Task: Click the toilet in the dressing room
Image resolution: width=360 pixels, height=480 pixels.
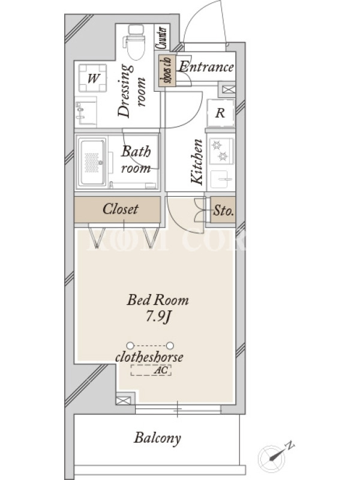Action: (x=134, y=42)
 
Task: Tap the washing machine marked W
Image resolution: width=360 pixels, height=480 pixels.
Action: (x=93, y=78)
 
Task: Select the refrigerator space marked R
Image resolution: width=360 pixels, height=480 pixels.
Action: (x=220, y=113)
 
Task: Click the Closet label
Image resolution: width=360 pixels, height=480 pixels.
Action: (x=121, y=209)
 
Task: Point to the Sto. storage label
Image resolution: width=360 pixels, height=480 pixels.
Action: (x=223, y=211)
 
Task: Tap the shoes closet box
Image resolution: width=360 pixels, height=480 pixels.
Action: (x=167, y=70)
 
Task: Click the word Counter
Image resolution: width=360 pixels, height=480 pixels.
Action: (x=162, y=37)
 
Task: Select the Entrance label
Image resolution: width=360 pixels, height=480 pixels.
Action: (x=206, y=67)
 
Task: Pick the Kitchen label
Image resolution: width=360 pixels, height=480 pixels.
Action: (x=197, y=161)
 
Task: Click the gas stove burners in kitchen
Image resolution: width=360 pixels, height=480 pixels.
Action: (x=220, y=151)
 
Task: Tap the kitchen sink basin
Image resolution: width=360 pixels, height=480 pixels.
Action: (x=220, y=179)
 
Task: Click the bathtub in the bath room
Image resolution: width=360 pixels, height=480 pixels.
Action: (x=92, y=161)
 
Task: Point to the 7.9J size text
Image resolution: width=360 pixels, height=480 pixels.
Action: (x=157, y=317)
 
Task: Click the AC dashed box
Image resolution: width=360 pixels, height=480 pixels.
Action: (x=151, y=370)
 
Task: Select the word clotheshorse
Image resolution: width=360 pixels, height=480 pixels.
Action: (x=149, y=357)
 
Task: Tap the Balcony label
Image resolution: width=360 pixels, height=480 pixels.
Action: (x=157, y=438)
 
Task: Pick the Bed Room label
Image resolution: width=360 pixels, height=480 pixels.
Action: (x=158, y=300)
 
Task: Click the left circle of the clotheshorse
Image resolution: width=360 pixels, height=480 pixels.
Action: (x=130, y=346)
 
